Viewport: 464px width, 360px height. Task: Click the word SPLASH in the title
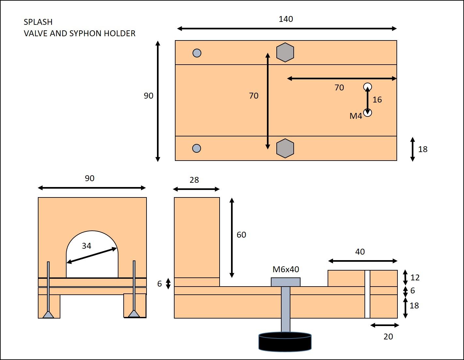(x=38, y=22)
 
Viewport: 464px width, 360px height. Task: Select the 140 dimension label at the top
(x=286, y=19)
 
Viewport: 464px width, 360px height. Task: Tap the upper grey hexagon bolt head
(x=285, y=53)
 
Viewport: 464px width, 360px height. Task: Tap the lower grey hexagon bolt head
(x=285, y=149)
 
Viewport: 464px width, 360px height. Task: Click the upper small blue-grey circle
(x=197, y=53)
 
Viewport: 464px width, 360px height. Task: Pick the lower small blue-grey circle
(x=196, y=148)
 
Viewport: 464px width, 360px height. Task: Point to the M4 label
(x=356, y=116)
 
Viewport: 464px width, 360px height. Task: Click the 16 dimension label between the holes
(x=377, y=100)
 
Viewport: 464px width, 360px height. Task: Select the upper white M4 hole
(x=367, y=87)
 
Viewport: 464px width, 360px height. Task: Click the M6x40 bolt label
(x=286, y=269)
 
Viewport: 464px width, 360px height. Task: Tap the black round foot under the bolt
(x=285, y=342)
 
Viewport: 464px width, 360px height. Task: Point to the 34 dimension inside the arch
(x=86, y=246)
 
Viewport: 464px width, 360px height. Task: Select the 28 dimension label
(x=194, y=180)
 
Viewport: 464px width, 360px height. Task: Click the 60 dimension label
(x=241, y=235)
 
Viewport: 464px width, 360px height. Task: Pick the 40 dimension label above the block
(x=360, y=252)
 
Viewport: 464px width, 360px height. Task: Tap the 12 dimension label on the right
(x=415, y=277)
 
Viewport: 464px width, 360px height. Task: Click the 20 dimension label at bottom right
(x=388, y=337)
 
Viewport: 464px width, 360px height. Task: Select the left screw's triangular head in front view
(x=48, y=315)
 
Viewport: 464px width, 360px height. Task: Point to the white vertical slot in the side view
(x=367, y=294)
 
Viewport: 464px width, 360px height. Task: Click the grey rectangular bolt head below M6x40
(x=286, y=282)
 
